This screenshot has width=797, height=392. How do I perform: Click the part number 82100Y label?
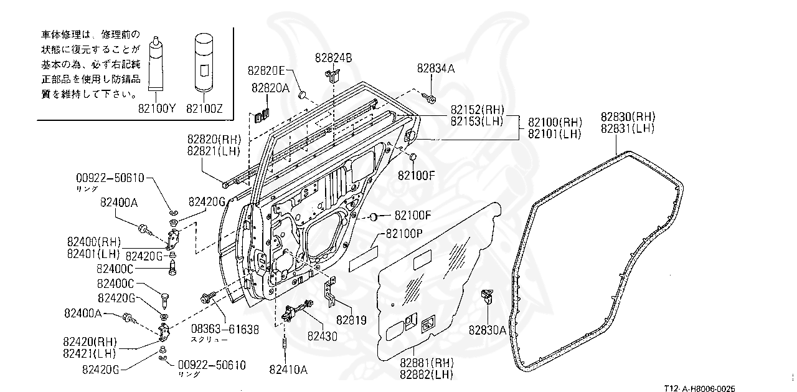(158, 108)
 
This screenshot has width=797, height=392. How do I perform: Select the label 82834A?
(436, 69)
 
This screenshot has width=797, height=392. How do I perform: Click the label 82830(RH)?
(628, 117)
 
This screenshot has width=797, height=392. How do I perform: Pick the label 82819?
(351, 320)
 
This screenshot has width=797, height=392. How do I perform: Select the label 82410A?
(288, 369)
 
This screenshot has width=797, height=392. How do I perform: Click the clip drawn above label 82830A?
(488, 296)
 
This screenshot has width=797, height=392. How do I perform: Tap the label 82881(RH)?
(425, 362)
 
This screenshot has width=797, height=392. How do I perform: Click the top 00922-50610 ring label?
(111, 178)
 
